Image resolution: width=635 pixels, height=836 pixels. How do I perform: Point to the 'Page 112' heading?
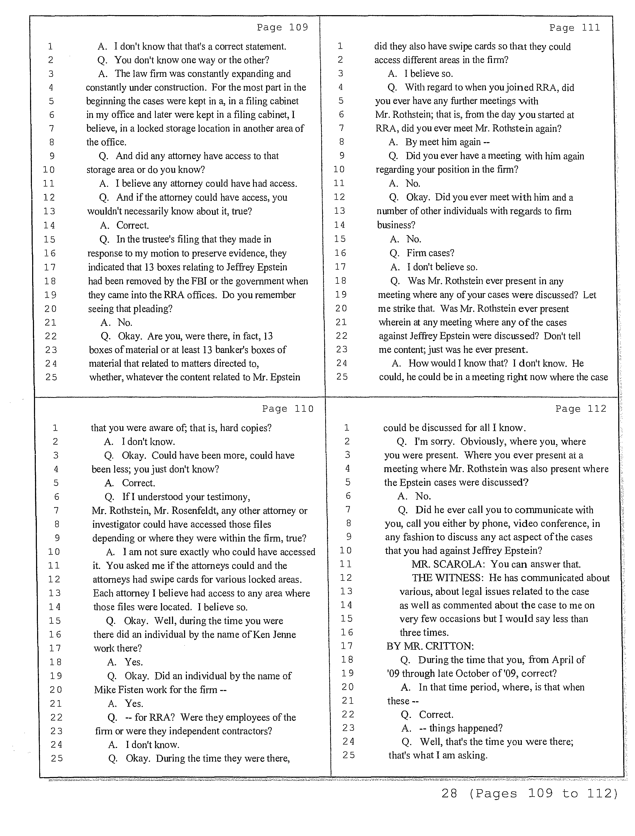pyautogui.click(x=581, y=409)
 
